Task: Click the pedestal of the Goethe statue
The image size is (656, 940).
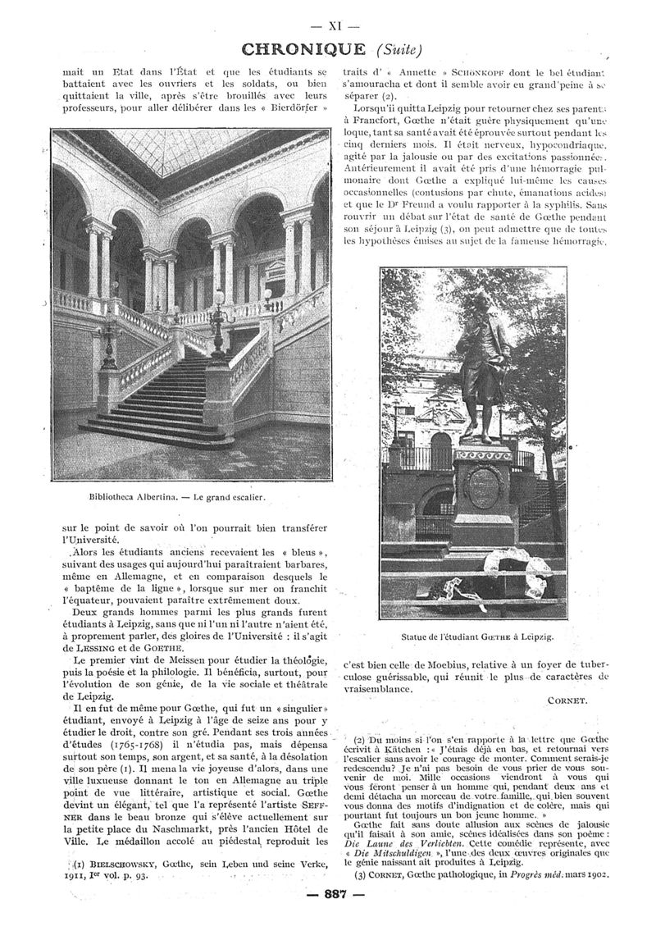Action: (485, 492)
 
